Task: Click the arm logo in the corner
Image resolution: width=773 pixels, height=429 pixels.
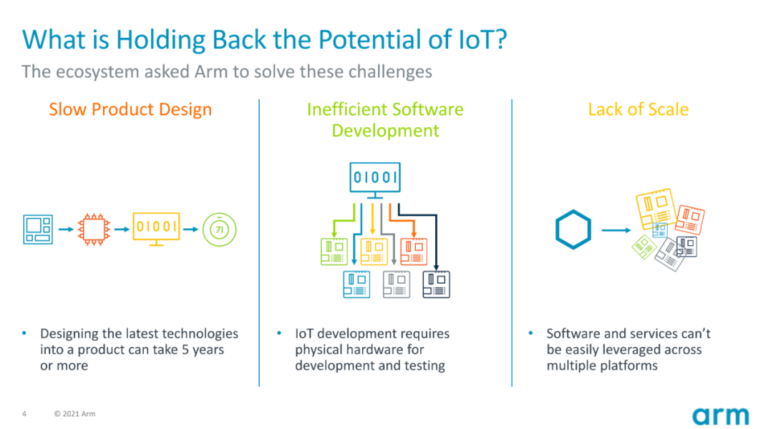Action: [720, 416]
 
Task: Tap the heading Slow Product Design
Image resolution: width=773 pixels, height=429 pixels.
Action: [130, 109]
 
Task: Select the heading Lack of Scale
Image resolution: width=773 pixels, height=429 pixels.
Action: [638, 109]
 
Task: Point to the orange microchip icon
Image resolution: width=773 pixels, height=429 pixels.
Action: [94, 230]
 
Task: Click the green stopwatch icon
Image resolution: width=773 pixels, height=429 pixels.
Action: [220, 229]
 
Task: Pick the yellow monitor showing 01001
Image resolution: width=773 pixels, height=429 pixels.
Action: [156, 229]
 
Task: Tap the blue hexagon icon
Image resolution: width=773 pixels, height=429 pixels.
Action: [573, 230]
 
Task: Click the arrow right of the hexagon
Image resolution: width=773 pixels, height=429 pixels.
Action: [616, 230]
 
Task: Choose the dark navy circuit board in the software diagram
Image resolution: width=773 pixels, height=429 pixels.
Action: [437, 285]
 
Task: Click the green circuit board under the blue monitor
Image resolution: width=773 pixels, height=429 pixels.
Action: [334, 252]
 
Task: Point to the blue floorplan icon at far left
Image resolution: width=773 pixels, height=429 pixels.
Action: [38, 230]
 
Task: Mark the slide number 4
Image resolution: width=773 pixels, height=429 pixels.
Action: [24, 414]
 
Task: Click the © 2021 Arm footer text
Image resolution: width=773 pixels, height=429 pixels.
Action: [75, 414]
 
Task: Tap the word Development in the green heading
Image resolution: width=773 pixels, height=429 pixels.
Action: [386, 131]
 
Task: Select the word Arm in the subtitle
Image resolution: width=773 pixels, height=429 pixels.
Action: [211, 72]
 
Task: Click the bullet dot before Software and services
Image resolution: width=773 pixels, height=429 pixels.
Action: [531, 333]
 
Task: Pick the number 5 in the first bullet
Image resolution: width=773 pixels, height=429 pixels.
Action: [185, 350]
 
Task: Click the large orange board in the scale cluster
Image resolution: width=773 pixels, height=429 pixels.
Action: [690, 220]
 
